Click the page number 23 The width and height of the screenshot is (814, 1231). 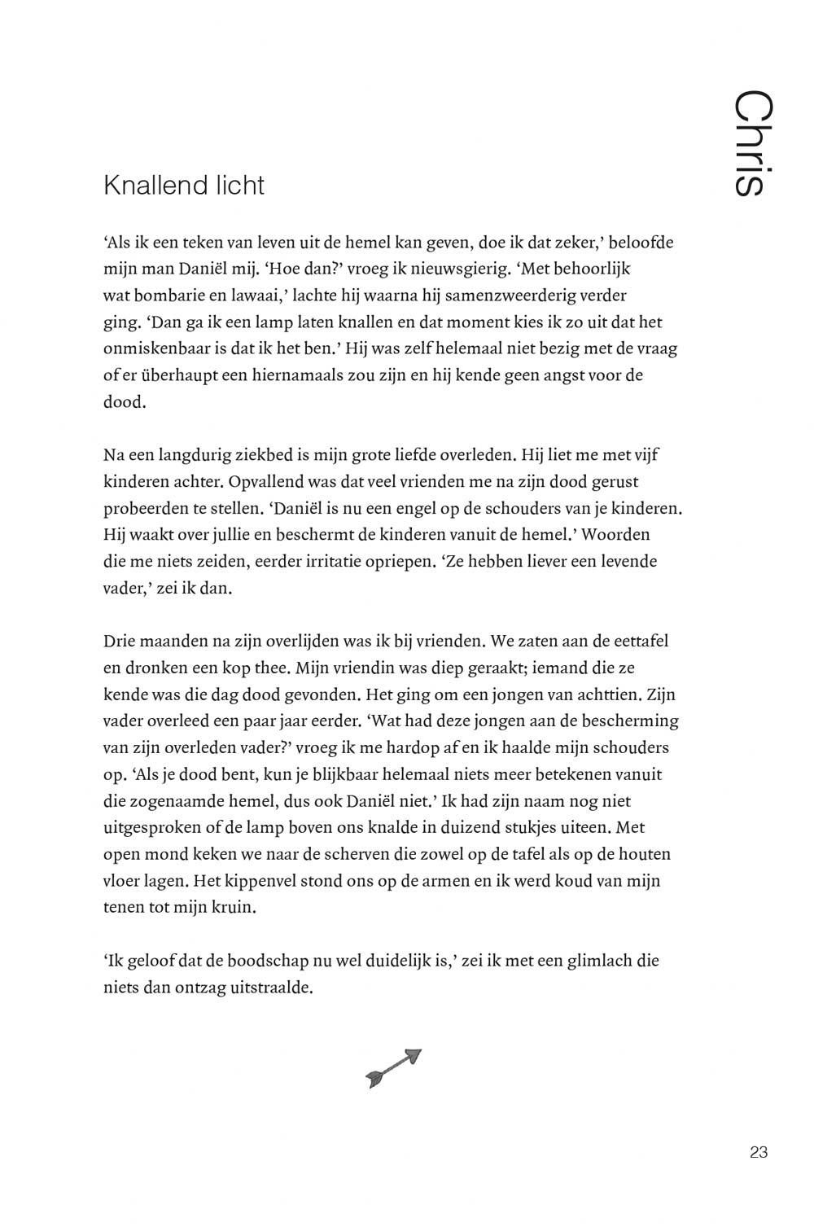tap(759, 1152)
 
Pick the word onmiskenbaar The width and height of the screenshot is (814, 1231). tap(155, 348)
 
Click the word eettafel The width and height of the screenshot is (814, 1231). tap(638, 641)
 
